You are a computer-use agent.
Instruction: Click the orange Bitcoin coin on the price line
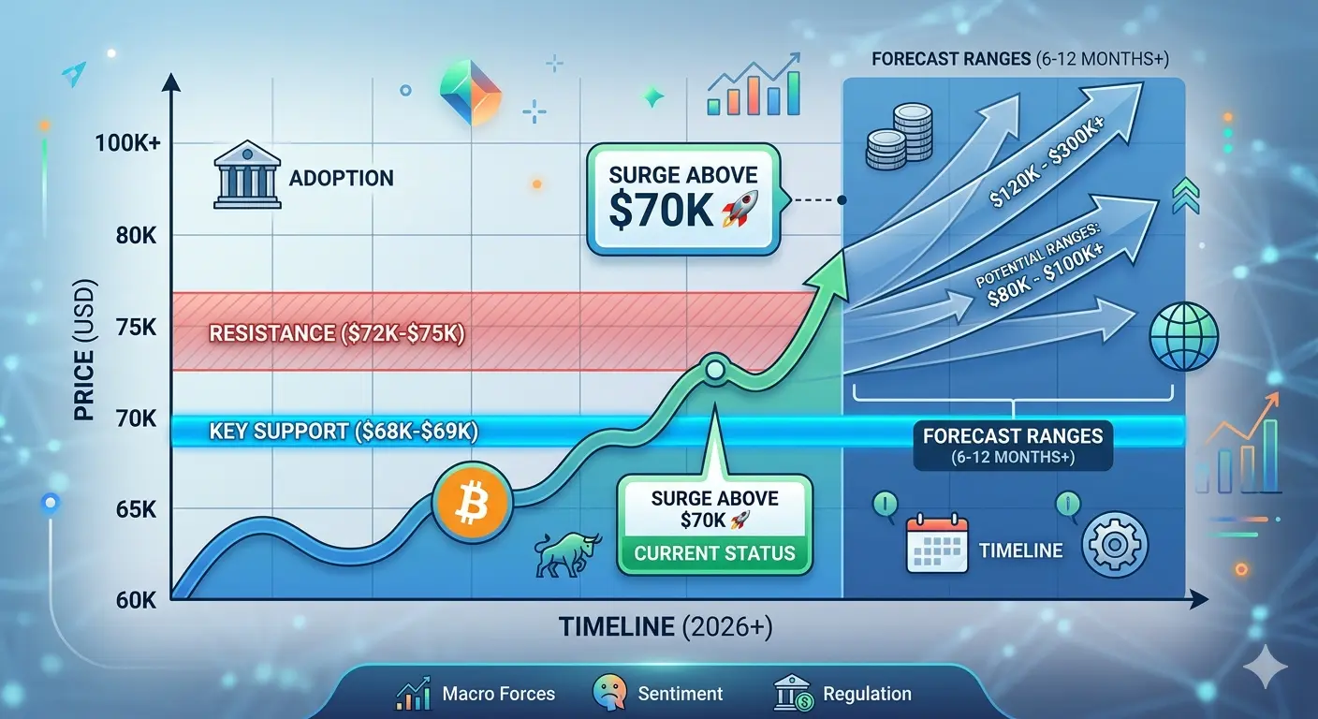[x=473, y=502]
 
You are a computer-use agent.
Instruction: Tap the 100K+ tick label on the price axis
[x=127, y=143]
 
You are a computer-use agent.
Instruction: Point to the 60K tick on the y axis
[x=137, y=600]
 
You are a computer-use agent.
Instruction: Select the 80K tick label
[x=137, y=236]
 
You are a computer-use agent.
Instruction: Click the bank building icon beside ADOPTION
[x=247, y=174]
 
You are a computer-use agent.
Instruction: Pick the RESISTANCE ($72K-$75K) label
[x=337, y=333]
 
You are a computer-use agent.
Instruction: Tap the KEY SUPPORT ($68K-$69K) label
[x=344, y=432]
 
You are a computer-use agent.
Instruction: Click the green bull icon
[x=567, y=554]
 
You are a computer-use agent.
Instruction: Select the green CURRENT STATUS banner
[x=714, y=553]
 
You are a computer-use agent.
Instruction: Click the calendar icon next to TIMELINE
[x=937, y=544]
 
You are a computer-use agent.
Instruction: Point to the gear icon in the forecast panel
[x=1115, y=544]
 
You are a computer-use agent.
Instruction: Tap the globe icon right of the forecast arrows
[x=1184, y=336]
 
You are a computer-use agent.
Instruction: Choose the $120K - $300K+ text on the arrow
[x=1047, y=162]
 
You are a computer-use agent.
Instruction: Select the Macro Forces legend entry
[x=476, y=694]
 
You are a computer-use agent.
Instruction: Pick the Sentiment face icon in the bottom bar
[x=609, y=693]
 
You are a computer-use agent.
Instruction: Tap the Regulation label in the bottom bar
[x=867, y=694]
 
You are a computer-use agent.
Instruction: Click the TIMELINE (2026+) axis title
[x=666, y=627]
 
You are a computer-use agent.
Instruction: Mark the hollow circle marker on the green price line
[x=715, y=370]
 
